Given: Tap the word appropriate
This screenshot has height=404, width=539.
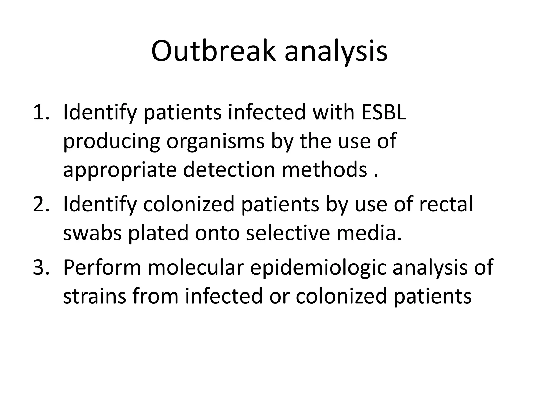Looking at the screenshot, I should (120, 170).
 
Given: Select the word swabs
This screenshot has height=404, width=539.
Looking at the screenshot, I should (92, 233).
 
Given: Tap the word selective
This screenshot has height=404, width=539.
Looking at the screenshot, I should (288, 233).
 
